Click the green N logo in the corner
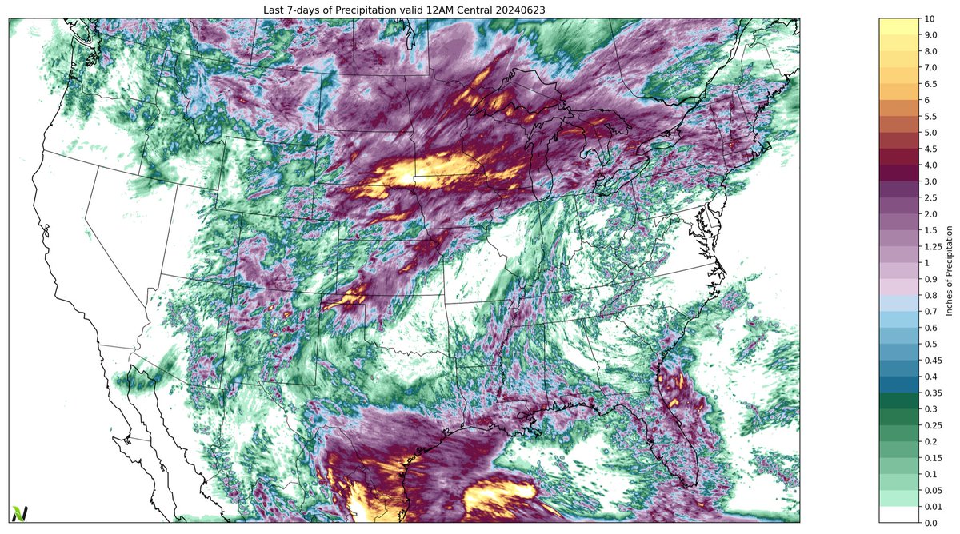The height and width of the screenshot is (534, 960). click(x=18, y=513)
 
